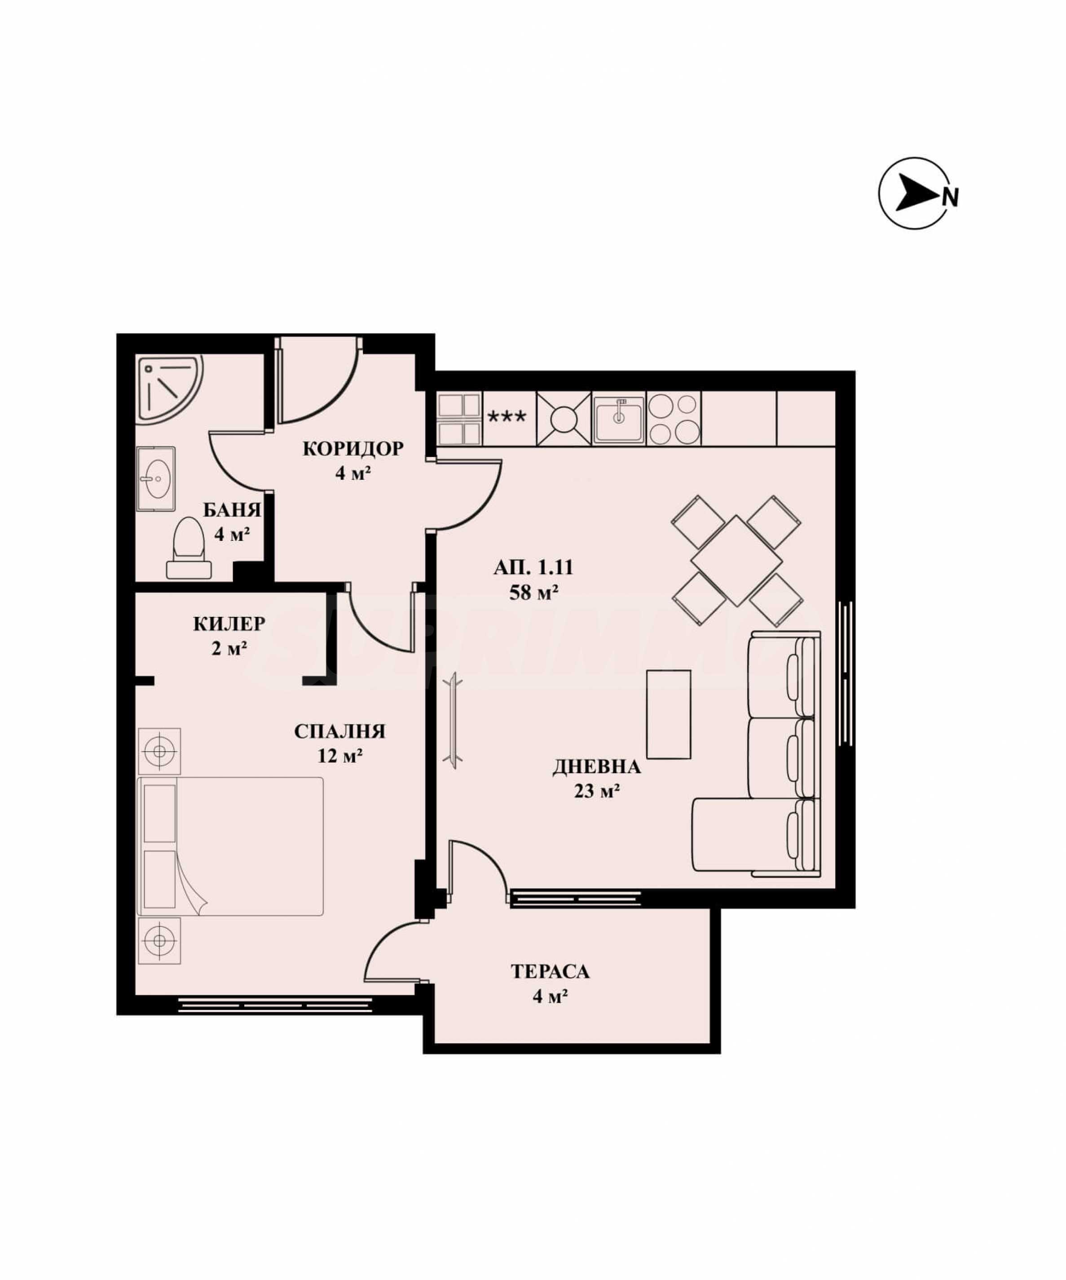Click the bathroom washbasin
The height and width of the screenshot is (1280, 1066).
pyautogui.click(x=156, y=479)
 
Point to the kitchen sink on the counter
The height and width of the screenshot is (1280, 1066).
pyautogui.click(x=619, y=418)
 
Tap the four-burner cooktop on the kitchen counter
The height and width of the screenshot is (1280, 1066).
pyautogui.click(x=673, y=418)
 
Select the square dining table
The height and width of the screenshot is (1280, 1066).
pyautogui.click(x=736, y=561)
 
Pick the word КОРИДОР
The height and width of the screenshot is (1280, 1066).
pyautogui.click(x=353, y=449)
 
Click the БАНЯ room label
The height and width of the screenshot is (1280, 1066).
pyautogui.click(x=232, y=509)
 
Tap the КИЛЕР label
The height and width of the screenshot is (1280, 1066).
pyautogui.click(x=229, y=624)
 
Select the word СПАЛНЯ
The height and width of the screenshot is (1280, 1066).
pyautogui.click(x=340, y=731)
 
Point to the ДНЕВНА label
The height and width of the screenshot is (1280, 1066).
pyautogui.click(x=597, y=767)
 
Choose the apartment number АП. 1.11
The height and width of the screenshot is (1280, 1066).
pyautogui.click(x=533, y=568)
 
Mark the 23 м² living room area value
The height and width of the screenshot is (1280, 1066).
pyautogui.click(x=597, y=791)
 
